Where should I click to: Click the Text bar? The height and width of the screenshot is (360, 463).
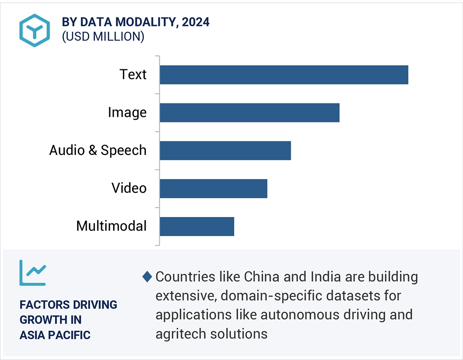point(284,75)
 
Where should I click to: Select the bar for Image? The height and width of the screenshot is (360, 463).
point(249,112)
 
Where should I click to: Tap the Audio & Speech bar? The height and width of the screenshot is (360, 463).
point(225,150)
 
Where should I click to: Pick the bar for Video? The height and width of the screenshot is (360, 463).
point(213,188)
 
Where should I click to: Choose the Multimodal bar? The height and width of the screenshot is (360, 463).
point(197,226)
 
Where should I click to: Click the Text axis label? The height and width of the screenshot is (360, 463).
point(133,74)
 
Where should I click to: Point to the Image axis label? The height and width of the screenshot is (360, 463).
point(127,112)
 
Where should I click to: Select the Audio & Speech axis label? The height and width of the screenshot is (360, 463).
point(98,150)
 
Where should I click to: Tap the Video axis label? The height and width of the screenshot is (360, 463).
point(129,188)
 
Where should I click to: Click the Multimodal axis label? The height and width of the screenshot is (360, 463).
point(111,226)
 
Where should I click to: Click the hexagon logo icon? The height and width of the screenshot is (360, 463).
point(35,30)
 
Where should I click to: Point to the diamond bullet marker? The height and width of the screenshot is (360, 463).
point(147,277)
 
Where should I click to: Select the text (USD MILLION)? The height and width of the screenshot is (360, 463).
point(103,36)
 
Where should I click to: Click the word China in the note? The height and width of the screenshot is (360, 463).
point(262,277)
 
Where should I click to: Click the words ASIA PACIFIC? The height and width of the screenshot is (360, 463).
point(55,335)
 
